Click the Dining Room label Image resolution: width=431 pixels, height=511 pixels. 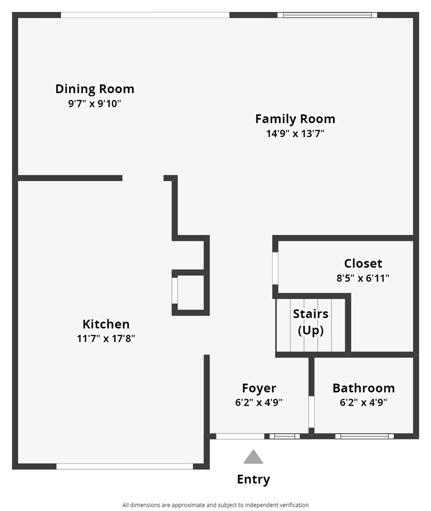(95, 88)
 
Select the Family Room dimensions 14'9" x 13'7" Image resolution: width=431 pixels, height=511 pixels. (295, 133)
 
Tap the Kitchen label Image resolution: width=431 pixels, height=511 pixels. (106, 324)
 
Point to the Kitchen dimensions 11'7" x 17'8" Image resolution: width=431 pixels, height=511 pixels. (106, 338)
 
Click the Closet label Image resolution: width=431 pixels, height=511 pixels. (363, 263)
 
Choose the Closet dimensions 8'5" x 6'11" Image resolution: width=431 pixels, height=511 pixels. (363, 278)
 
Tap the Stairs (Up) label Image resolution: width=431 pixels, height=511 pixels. (311, 322)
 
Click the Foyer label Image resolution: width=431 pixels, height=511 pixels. (259, 388)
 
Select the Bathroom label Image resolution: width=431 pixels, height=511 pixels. (364, 388)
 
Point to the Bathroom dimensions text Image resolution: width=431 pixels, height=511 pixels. (364, 402)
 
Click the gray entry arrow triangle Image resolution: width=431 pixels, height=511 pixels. (253, 457)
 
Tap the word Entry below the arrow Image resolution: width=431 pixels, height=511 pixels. (254, 479)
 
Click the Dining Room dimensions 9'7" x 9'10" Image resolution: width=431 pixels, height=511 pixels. (94, 104)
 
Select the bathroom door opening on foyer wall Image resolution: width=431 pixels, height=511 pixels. (311, 412)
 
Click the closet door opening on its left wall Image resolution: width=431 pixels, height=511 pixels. (275, 268)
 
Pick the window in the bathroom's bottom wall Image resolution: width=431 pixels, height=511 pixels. (364, 436)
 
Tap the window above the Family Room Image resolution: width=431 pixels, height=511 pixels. (327, 15)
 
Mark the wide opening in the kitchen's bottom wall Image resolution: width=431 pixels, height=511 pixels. (125, 467)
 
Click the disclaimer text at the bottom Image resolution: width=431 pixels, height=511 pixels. (215, 505)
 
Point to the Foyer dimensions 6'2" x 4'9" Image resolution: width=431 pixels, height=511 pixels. (259, 402)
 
